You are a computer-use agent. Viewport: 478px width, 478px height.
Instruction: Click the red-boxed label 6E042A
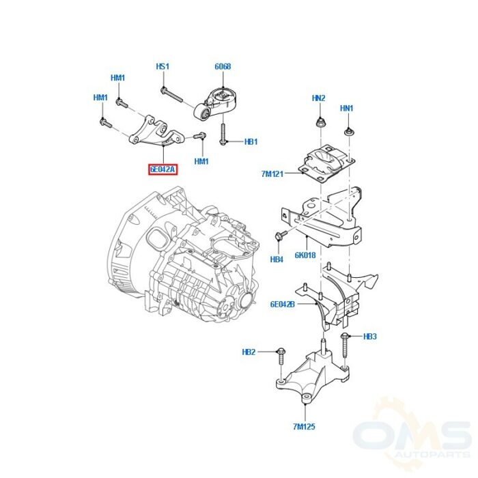163,169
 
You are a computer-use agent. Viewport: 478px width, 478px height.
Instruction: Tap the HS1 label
163,66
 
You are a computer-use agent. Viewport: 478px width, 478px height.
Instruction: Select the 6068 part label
223,66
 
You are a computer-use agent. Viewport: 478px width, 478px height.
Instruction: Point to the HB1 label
251,142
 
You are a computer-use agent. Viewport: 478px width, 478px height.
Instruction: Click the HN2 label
319,98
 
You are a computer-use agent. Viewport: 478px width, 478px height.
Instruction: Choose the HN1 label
347,108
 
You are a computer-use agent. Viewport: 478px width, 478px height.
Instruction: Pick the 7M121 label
272,174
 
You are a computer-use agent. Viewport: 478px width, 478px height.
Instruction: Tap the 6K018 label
305,255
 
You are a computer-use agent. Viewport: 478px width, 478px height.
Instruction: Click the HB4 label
277,259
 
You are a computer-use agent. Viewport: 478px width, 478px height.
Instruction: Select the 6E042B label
283,305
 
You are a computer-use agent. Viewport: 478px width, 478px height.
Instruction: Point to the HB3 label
370,337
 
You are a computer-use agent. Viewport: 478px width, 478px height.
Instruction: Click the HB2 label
249,352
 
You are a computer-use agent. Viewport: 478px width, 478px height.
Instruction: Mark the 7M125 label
304,427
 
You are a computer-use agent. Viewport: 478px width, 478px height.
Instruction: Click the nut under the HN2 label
320,124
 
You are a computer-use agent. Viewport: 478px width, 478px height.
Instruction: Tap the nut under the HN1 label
348,132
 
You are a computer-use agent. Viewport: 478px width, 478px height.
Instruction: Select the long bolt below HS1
171,94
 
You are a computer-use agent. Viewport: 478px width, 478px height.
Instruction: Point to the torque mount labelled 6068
215,104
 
